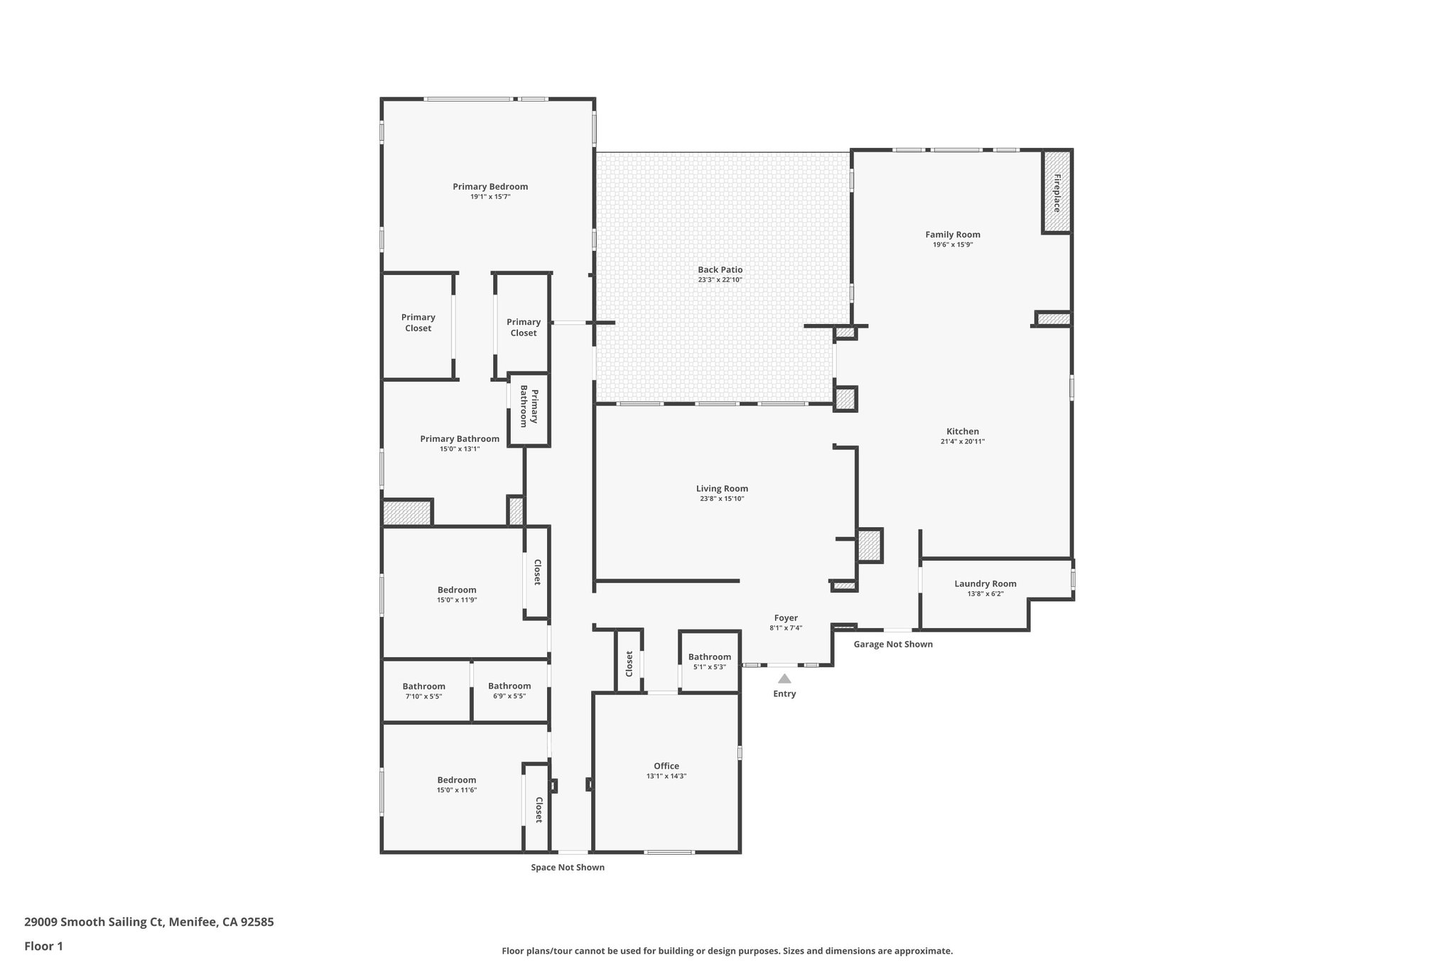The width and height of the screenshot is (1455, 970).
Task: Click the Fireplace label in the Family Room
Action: [x=1056, y=193]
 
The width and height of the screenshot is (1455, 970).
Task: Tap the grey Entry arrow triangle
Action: [x=784, y=679]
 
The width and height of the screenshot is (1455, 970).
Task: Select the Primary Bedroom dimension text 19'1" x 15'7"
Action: [x=490, y=197]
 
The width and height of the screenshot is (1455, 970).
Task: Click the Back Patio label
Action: [x=720, y=270]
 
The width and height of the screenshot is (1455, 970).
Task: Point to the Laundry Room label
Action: [x=985, y=584]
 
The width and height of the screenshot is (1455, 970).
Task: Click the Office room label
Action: [x=666, y=766]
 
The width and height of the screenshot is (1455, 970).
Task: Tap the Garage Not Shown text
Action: [x=893, y=645]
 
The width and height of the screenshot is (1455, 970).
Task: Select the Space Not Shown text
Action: [x=568, y=868]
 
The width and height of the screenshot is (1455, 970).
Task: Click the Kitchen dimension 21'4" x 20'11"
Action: [x=962, y=441]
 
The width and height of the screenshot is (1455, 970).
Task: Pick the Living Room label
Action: [x=722, y=489]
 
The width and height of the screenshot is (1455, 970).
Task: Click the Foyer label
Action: [x=786, y=618]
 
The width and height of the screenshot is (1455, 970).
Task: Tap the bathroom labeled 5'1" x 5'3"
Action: [x=709, y=657]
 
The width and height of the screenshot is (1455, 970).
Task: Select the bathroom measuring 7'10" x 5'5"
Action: [x=423, y=686]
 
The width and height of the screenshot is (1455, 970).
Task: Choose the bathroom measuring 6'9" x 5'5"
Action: [x=509, y=686]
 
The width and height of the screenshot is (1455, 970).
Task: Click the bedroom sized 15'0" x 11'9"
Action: [x=457, y=590]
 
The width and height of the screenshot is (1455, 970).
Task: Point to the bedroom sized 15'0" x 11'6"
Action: [x=457, y=780]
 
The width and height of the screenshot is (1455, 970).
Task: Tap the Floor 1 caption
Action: [x=43, y=946]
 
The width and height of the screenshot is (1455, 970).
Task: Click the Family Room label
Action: [x=952, y=235]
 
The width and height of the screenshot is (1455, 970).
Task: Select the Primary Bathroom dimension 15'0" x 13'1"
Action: [x=460, y=448]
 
